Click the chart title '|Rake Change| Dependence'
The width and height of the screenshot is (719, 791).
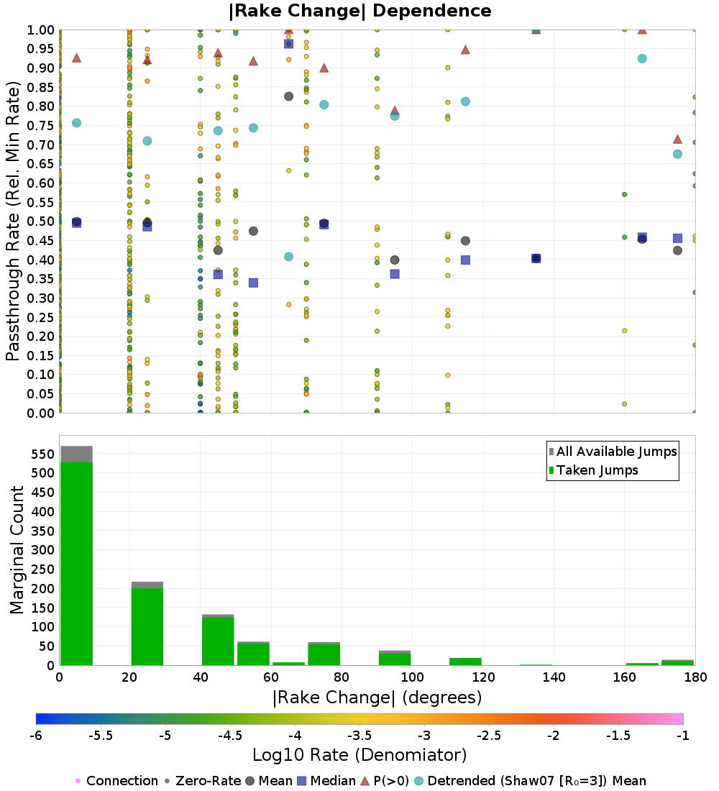(360, 11)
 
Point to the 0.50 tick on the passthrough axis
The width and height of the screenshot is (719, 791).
(42, 221)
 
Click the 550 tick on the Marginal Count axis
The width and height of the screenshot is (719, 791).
(42, 454)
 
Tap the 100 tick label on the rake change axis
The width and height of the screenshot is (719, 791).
(412, 677)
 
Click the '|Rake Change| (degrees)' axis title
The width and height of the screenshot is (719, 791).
(377, 698)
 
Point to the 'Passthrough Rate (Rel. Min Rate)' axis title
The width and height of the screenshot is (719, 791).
(13, 221)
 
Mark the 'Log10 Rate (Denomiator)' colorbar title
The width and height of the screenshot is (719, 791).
(359, 755)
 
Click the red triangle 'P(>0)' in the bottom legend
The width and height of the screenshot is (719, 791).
(365, 781)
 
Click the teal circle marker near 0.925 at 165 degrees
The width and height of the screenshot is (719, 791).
(642, 58)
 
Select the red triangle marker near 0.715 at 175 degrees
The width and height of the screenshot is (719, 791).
(677, 139)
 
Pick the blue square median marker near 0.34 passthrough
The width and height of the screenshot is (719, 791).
(253, 283)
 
